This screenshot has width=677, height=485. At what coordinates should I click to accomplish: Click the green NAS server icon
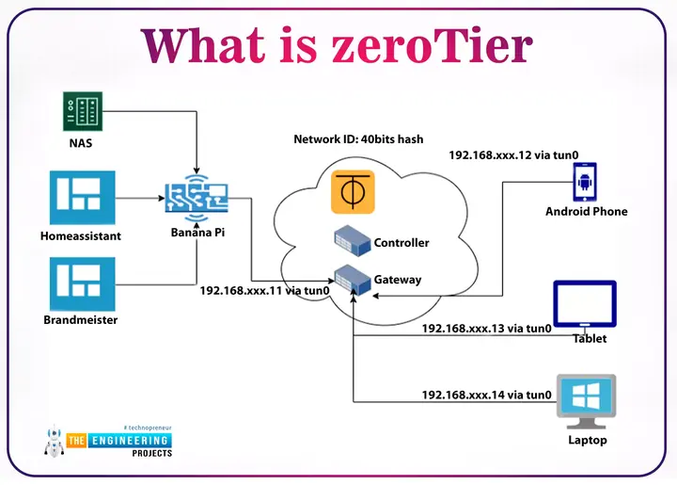click(81, 112)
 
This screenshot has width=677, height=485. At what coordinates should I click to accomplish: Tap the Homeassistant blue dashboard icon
click(81, 197)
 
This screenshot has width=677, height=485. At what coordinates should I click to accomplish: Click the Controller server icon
click(353, 243)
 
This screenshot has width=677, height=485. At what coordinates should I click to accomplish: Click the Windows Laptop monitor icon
click(586, 399)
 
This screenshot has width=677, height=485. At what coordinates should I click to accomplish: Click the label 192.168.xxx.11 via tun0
click(264, 291)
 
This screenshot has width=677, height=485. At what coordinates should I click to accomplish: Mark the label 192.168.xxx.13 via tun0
click(486, 329)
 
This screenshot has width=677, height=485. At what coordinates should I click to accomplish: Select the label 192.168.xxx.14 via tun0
click(486, 396)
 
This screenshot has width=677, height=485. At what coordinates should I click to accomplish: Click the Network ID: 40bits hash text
click(358, 139)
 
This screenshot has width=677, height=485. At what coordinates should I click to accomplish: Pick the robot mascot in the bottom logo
click(55, 445)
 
